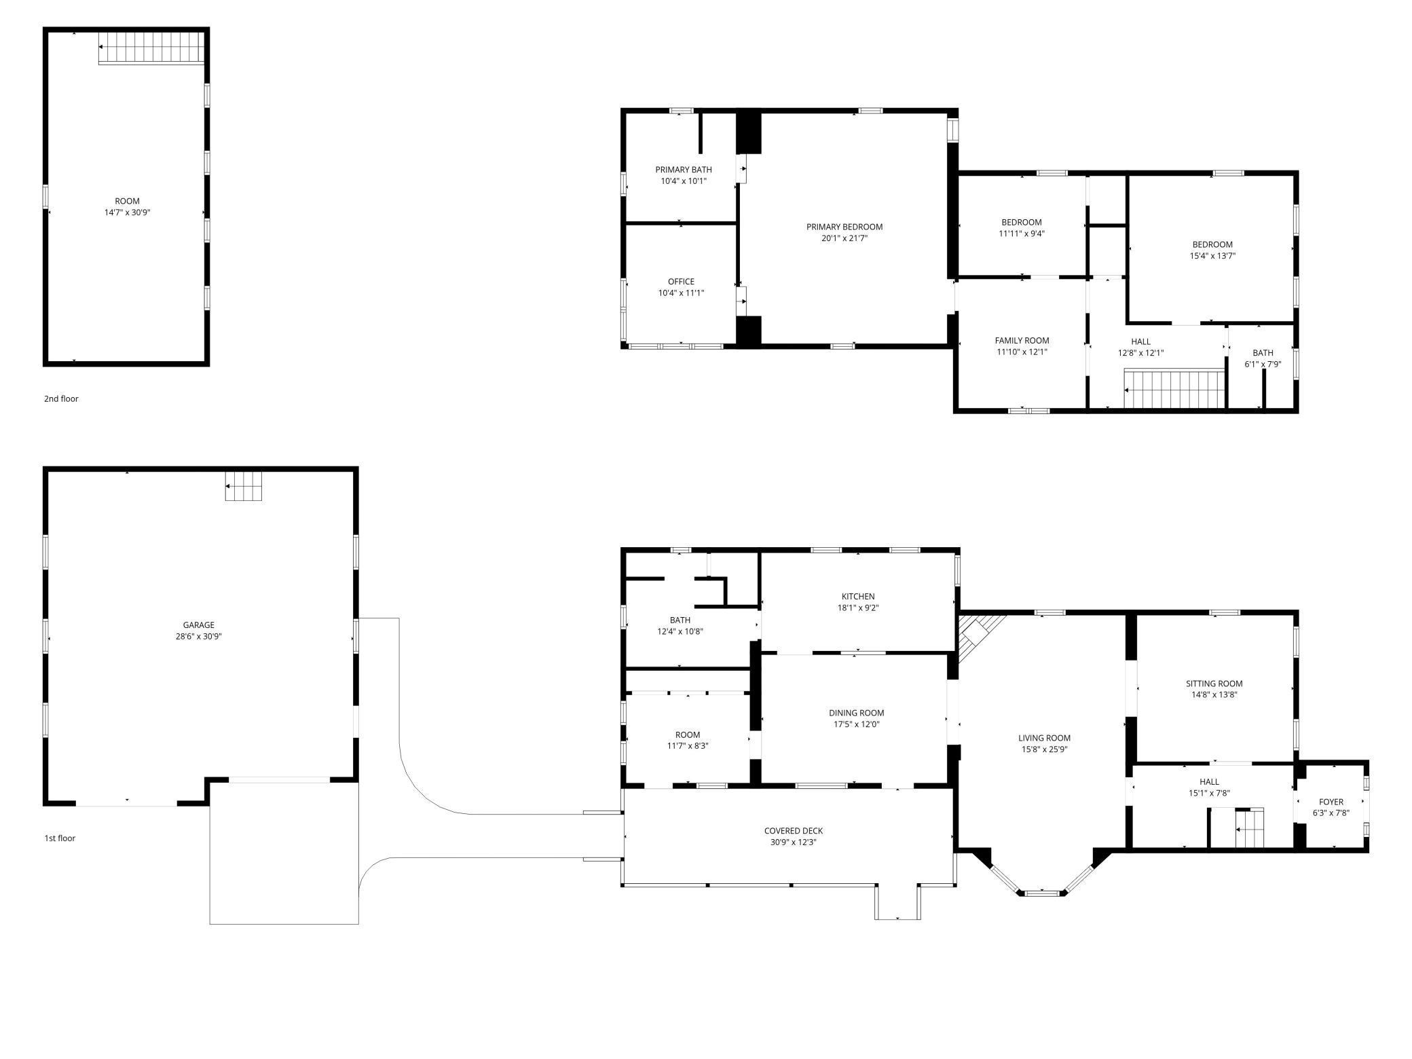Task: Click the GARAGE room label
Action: pyautogui.click(x=198, y=625)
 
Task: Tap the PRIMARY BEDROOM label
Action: pyautogui.click(x=844, y=227)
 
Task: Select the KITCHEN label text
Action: pyautogui.click(x=858, y=597)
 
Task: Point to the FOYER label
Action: pyautogui.click(x=1331, y=802)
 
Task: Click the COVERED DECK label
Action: pyautogui.click(x=793, y=831)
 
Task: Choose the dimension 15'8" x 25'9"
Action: pyautogui.click(x=1044, y=749)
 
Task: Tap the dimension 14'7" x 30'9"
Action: pyautogui.click(x=127, y=212)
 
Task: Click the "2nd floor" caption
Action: pyautogui.click(x=61, y=398)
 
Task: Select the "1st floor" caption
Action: pyautogui.click(x=60, y=838)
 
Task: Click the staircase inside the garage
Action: pyautogui.click(x=244, y=486)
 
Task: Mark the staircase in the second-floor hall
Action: pyautogui.click(x=1174, y=388)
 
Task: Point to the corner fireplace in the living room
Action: pyautogui.click(x=976, y=637)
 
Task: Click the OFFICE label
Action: pyautogui.click(x=681, y=282)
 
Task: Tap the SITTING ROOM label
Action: pyautogui.click(x=1214, y=684)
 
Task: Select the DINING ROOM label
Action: pyautogui.click(x=856, y=713)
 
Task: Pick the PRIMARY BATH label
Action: pyautogui.click(x=684, y=170)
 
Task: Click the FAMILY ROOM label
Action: pyautogui.click(x=1022, y=341)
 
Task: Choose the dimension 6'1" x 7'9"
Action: pyautogui.click(x=1263, y=365)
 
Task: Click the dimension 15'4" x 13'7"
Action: pyautogui.click(x=1212, y=256)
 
